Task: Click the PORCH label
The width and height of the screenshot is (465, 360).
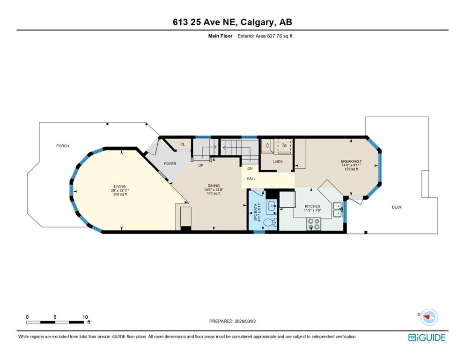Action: pyautogui.click(x=63, y=146)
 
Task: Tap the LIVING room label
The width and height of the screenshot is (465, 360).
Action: pyautogui.click(x=120, y=187)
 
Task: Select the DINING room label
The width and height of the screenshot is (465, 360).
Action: pyautogui.click(x=214, y=186)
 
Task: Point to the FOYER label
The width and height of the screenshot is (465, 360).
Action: pyautogui.click(x=170, y=164)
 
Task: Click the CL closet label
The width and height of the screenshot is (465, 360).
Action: pyautogui.click(x=182, y=144)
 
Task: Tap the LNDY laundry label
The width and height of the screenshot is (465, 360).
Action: pyautogui.click(x=278, y=162)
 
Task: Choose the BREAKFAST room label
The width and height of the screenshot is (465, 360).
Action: pyautogui.click(x=351, y=161)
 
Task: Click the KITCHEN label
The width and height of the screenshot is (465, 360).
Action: pyautogui.click(x=312, y=206)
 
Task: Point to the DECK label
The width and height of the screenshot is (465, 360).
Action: pyautogui.click(x=397, y=207)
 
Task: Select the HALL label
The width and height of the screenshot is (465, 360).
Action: pyautogui.click(x=251, y=179)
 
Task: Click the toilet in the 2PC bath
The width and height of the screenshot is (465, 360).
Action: pyautogui.click(x=270, y=223)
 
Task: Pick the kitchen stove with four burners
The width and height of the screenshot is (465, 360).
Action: pyautogui.click(x=313, y=224)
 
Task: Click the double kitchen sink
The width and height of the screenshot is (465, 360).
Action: pyautogui.click(x=338, y=209)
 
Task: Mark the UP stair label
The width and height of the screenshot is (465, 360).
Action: pyautogui.click(x=201, y=165)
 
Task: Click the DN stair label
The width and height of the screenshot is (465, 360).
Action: pyautogui.click(x=250, y=169)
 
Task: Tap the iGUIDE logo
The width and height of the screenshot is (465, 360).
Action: pyautogui.click(x=427, y=337)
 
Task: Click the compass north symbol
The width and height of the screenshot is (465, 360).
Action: pyautogui.click(x=429, y=317)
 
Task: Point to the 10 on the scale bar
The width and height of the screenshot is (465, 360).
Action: pyautogui.click(x=85, y=317)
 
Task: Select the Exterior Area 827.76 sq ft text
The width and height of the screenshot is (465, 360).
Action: pyautogui.click(x=265, y=36)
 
